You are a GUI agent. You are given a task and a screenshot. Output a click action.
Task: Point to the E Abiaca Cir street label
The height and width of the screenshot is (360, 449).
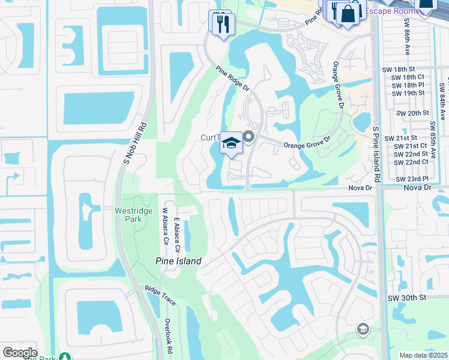(177, 235)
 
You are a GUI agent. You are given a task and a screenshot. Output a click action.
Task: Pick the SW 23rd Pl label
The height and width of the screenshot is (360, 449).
(411, 179)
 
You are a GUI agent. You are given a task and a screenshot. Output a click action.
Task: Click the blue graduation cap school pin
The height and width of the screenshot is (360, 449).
(231, 143)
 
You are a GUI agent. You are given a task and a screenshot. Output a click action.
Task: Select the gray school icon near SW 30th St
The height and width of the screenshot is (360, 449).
(363, 329)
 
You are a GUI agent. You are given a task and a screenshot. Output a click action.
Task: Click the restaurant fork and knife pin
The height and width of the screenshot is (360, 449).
(222, 24)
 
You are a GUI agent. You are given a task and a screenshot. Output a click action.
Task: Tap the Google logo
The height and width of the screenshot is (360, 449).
(20, 353)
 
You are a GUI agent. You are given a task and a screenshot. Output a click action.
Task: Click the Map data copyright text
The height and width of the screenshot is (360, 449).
(424, 355)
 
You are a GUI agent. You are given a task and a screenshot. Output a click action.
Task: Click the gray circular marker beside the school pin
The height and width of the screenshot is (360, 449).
(249, 138)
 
